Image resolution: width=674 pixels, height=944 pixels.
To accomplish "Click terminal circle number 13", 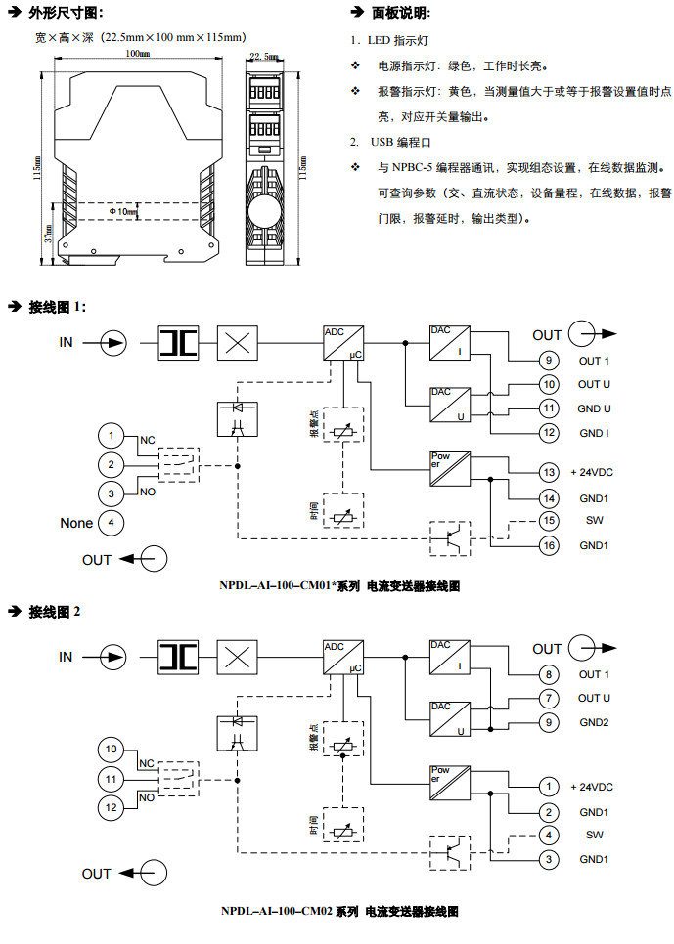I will pyautogui.click(x=549, y=472).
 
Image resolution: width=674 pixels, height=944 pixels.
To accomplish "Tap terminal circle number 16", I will pyautogui.click(x=549, y=544).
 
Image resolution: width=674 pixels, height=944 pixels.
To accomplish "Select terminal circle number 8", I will pyautogui.click(x=549, y=674).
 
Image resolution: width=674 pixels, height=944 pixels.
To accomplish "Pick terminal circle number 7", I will pyautogui.click(x=549, y=698).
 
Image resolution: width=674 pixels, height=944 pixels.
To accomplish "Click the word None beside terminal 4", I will pyautogui.click(x=76, y=523).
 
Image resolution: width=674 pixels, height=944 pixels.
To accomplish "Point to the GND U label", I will pyautogui.click(x=595, y=408).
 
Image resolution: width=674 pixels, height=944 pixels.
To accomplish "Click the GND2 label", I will pyautogui.click(x=594, y=722).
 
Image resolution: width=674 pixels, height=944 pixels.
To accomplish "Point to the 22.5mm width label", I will pyautogui.click(x=263, y=57).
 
